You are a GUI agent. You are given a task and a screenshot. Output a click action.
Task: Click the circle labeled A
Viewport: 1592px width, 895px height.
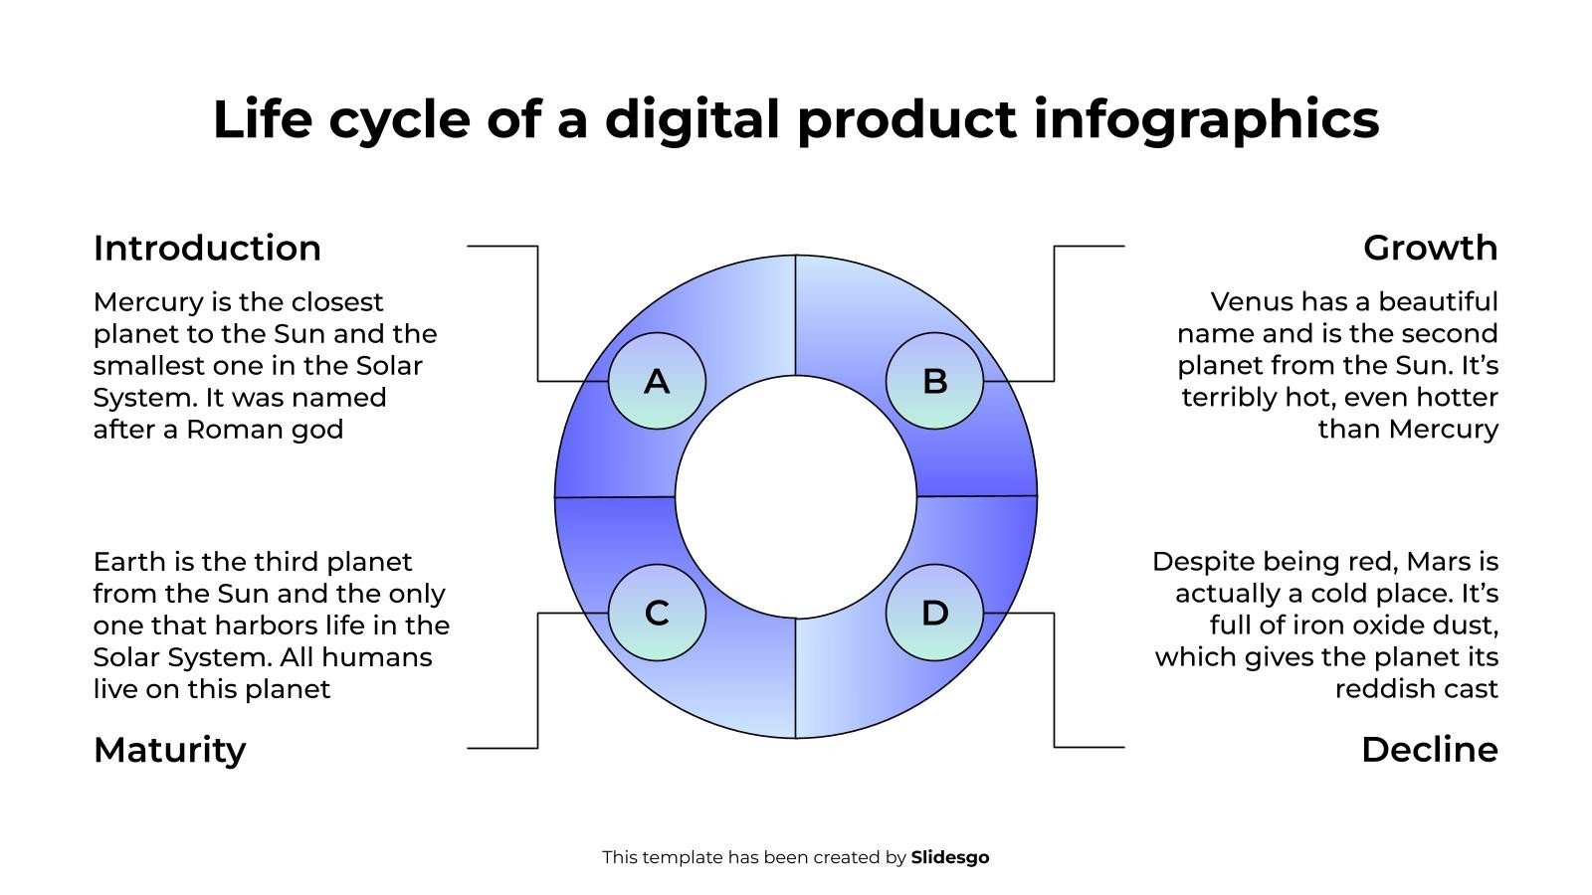pos(657,381)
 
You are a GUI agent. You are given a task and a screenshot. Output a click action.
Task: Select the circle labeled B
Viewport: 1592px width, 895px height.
pos(934,381)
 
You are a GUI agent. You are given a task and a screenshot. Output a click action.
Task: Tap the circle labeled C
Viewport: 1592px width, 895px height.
pos(657,613)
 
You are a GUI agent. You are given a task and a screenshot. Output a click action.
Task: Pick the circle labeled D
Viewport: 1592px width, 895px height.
pos(934,613)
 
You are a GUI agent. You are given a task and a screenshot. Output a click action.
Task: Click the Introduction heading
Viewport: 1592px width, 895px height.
pos(207,248)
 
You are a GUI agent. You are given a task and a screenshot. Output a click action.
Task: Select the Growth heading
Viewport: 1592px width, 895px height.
pos(1430,248)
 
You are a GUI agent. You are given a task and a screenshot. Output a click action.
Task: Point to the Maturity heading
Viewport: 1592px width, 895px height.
pos(169,750)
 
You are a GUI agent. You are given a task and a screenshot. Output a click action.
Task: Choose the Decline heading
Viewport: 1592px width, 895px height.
pos(1429,750)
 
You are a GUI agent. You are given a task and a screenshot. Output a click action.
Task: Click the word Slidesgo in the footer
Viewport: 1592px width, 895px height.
pos(949,857)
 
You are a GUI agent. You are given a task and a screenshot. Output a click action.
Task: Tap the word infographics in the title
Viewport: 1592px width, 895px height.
pos(1206,120)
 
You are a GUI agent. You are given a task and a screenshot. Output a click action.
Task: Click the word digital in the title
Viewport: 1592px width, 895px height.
pos(693,119)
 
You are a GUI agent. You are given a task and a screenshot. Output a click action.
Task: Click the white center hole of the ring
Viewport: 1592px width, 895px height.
pos(795,496)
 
